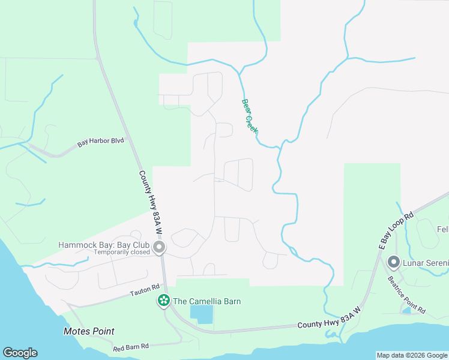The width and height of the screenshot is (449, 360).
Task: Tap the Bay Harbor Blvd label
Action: coord(100,143)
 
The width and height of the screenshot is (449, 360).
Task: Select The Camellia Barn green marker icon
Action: coord(163,301)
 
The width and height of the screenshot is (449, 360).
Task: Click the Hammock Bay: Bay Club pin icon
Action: coord(159,247)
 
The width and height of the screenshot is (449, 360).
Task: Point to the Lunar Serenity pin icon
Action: coord(394,262)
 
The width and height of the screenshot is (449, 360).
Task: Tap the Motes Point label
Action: coord(89,331)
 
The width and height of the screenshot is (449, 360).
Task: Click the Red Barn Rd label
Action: coord(131,346)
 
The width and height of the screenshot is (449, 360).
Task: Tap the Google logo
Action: coord(20,353)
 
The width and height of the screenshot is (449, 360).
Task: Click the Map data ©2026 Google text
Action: coord(412,355)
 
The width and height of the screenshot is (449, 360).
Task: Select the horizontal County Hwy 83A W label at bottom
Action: coord(328,325)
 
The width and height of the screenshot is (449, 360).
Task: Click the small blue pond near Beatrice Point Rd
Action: coord(407,311)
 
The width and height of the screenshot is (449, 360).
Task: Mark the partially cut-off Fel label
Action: coord(442,230)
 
